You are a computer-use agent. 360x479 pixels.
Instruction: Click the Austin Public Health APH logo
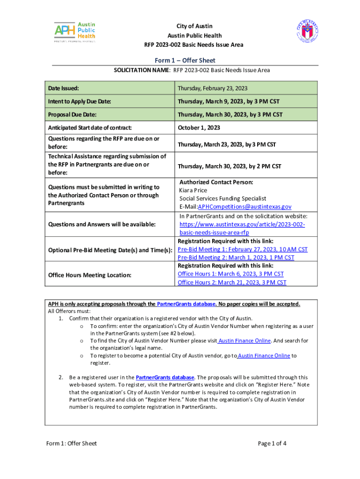coord(75,32)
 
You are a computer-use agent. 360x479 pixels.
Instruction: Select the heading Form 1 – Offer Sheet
coord(185,61)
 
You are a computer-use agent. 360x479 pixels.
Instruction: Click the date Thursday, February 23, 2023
coord(213,88)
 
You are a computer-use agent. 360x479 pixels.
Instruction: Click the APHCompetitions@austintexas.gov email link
coord(245,206)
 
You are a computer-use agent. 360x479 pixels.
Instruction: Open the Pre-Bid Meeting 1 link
coord(243,249)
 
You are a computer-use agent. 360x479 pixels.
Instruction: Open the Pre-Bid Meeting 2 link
coord(236,257)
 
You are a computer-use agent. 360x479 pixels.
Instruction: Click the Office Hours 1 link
coord(230,274)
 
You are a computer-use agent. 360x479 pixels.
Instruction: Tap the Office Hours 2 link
coord(232,282)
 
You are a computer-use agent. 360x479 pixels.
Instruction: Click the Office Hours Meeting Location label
coord(90,275)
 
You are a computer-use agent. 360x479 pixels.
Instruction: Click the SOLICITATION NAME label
coord(142,70)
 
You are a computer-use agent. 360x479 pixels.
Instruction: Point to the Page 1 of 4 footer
coord(272,443)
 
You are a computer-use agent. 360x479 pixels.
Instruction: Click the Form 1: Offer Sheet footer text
coord(71,443)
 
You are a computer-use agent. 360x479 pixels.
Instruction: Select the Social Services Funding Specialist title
coord(223,198)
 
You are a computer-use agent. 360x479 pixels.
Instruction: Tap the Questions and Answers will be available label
coord(102,225)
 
